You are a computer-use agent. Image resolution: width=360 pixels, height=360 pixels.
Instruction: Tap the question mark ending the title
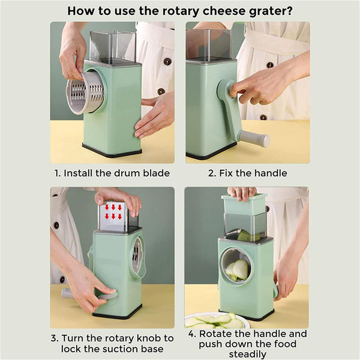pyautogui.click(x=289, y=10)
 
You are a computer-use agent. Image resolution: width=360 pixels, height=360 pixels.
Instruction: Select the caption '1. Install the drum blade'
pyautogui.click(x=112, y=173)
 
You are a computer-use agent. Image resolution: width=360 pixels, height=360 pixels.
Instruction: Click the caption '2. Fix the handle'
pyautogui.click(x=247, y=173)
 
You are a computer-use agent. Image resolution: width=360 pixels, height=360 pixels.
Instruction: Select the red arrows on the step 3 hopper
pyautogui.click(x=113, y=212)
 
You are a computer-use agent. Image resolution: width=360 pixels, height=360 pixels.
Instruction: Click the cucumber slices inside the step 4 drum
pyautogui.click(x=238, y=270)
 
